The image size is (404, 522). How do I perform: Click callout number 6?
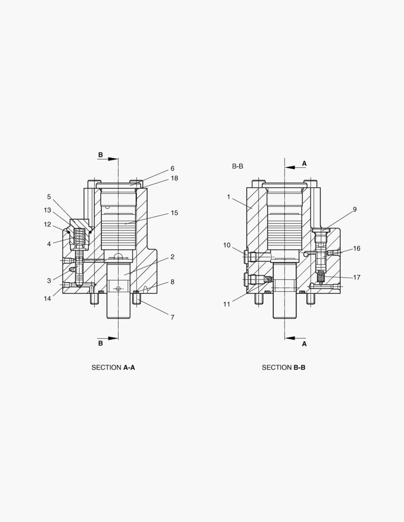click(x=172, y=169)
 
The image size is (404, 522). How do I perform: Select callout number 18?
click(x=174, y=178)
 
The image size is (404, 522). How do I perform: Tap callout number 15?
click(x=174, y=213)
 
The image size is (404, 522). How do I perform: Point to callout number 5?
click(x=49, y=197)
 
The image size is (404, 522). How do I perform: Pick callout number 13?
click(x=47, y=210)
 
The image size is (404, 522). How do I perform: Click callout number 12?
click(x=47, y=224)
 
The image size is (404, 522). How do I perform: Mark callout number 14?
click(x=47, y=299)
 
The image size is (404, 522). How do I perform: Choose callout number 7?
click(x=172, y=317)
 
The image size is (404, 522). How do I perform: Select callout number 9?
click(x=355, y=209)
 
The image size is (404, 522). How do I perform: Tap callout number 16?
click(x=357, y=248)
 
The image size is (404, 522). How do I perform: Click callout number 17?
click(x=357, y=277)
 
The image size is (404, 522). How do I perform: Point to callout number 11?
click(x=226, y=304)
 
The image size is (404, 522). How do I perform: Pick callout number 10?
click(x=226, y=246)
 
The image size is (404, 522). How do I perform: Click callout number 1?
click(x=228, y=197)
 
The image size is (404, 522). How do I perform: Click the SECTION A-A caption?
click(x=113, y=367)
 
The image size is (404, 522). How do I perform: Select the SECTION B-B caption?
click(x=284, y=367)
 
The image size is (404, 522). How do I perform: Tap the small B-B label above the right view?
click(x=238, y=166)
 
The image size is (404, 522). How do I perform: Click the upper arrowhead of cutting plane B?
click(x=113, y=159)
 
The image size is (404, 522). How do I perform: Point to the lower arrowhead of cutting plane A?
click(x=290, y=338)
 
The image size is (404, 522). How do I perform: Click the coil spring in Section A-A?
click(x=79, y=237)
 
